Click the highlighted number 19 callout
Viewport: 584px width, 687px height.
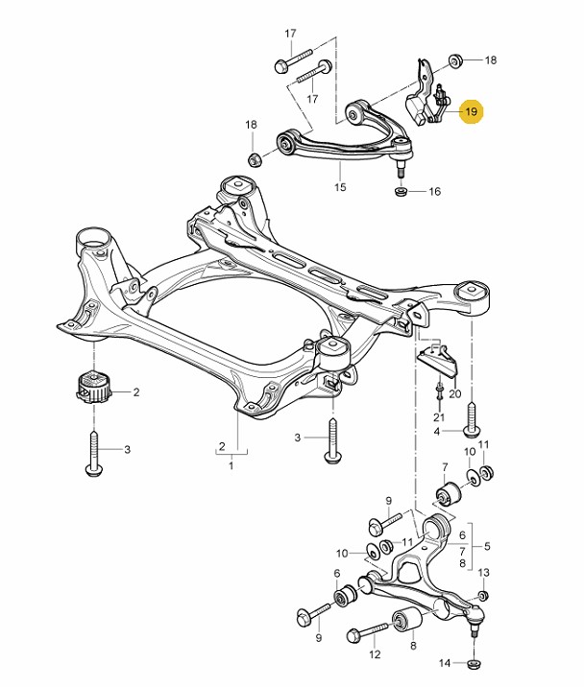[x=471, y=112]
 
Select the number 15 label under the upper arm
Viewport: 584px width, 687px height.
[x=340, y=187]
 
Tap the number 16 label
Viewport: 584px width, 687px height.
[x=434, y=192]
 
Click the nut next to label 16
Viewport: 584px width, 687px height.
[x=401, y=191]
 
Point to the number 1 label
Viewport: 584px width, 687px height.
[x=231, y=465]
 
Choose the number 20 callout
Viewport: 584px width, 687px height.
[x=455, y=394]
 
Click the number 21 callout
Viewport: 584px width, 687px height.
[x=439, y=417]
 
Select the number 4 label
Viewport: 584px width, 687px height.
[x=437, y=432]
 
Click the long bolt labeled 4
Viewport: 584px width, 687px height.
[x=472, y=416]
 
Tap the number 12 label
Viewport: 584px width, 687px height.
[x=375, y=655]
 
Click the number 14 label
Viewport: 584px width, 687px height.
[x=445, y=663]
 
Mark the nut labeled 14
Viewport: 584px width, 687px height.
[x=473, y=662]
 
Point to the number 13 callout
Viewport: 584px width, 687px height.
[x=484, y=572]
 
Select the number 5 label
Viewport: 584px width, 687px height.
[x=487, y=547]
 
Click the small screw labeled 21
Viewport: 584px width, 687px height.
[x=439, y=391]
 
